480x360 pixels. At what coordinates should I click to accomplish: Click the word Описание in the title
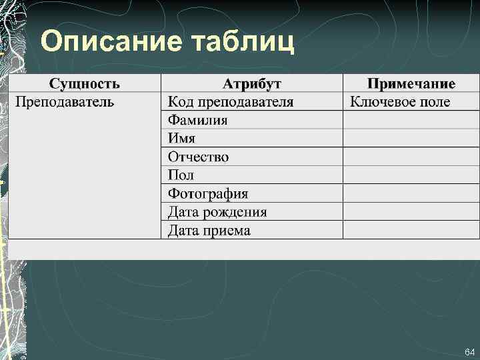coord(111,41)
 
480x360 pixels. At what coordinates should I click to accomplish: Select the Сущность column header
coord(85,83)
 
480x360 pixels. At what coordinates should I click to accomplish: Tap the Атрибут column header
coord(251,83)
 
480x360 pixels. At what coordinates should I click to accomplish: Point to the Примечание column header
coord(411,83)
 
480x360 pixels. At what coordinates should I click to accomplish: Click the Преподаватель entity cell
coord(65,102)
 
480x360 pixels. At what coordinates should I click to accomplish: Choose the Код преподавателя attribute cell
coord(231,102)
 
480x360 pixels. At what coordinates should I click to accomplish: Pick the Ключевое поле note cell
coord(400,102)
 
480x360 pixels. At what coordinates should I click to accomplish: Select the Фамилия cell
coord(198,120)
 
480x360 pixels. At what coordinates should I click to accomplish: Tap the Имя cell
coord(181,139)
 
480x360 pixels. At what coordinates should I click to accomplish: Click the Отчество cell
coord(199,157)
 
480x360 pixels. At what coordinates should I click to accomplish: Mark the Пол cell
coord(181,175)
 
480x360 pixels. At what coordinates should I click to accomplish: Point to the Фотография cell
coord(208,194)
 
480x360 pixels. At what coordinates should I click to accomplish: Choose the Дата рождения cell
coord(217,212)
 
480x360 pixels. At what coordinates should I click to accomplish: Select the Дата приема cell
coord(209,231)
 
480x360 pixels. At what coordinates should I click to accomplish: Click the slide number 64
coord(469,351)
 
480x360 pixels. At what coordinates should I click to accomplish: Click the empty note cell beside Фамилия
coord(411,120)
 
